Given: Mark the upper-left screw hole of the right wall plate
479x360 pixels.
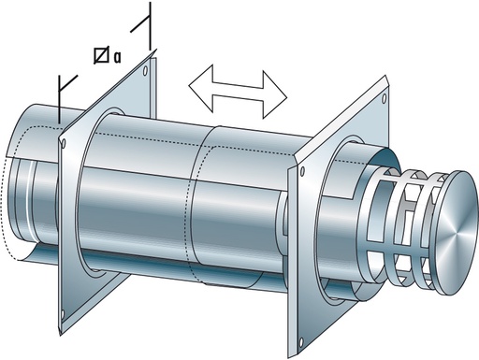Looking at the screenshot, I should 302,172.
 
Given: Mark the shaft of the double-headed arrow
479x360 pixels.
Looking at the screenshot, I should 238,91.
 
